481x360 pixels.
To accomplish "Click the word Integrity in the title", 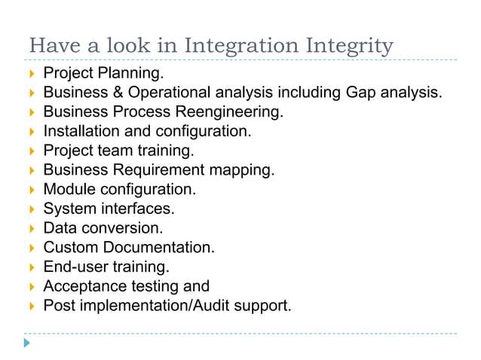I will point(351,46).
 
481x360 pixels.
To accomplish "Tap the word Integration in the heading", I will point(248,46).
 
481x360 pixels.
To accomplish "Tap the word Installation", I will point(81,132).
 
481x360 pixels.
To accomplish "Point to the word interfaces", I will point(136,209).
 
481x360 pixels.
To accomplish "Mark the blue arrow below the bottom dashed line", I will point(28,343).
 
